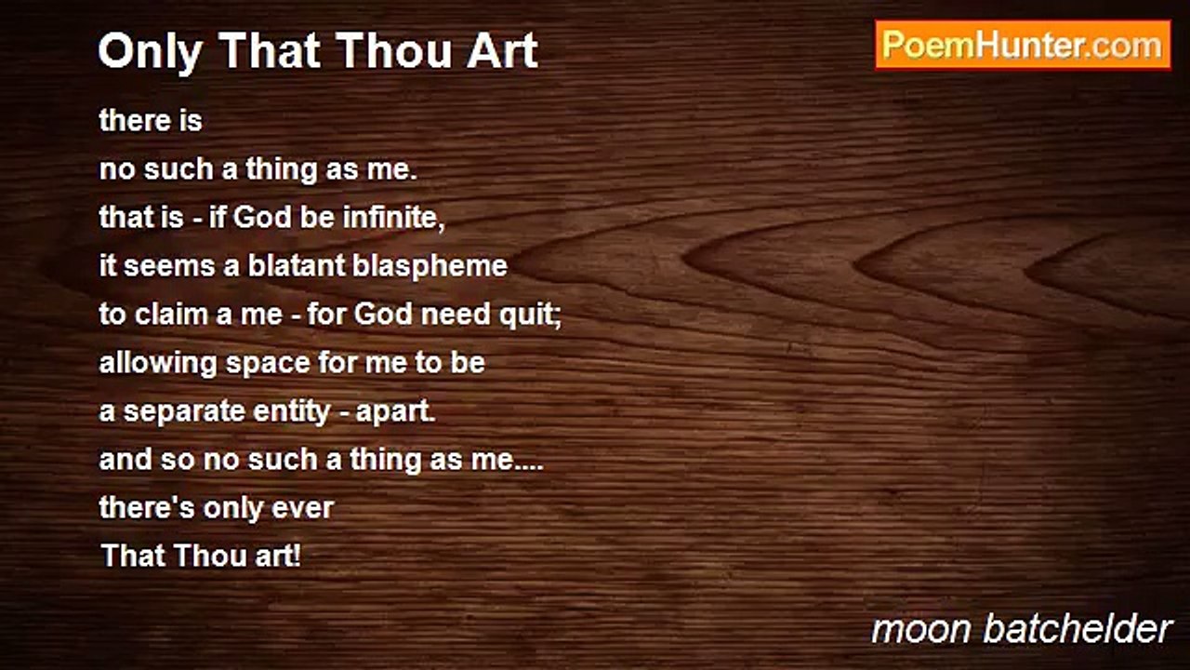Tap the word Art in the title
pos(503,51)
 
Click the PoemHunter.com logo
pos(1024,46)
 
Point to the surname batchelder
pos(1078,629)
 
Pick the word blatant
pos(297,265)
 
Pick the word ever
pos(302,509)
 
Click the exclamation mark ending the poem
pos(297,556)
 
